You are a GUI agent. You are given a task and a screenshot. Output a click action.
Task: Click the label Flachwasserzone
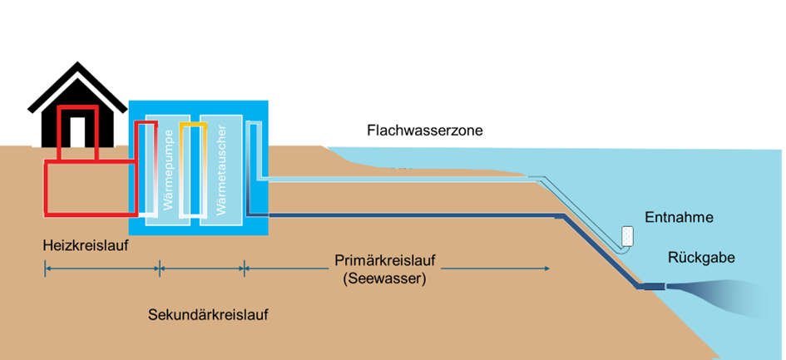point(424,131)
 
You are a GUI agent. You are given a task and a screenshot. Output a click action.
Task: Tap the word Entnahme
point(680,218)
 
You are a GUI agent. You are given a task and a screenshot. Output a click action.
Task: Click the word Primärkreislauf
point(385,259)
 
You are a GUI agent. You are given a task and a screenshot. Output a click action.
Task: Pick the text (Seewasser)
point(384,279)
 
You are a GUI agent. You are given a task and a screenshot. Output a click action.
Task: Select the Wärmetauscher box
point(220,170)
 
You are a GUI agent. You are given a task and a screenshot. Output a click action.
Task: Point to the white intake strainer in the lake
point(626,236)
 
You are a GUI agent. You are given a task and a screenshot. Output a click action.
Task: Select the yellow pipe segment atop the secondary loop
point(192,125)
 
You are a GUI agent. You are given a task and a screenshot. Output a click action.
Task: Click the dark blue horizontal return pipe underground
point(416,215)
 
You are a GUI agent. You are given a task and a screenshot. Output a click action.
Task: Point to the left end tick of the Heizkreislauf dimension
point(46,268)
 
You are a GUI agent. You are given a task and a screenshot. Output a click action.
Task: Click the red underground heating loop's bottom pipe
point(87,214)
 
